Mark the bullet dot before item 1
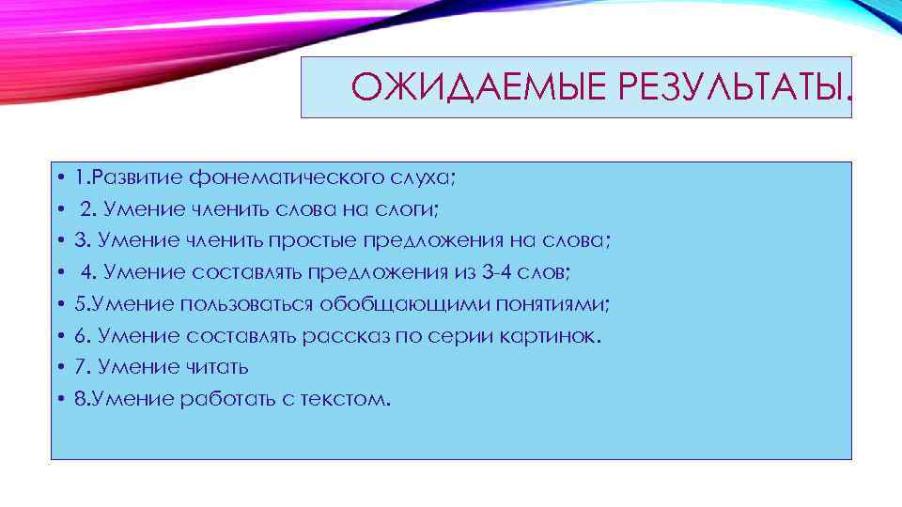click(x=59, y=177)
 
